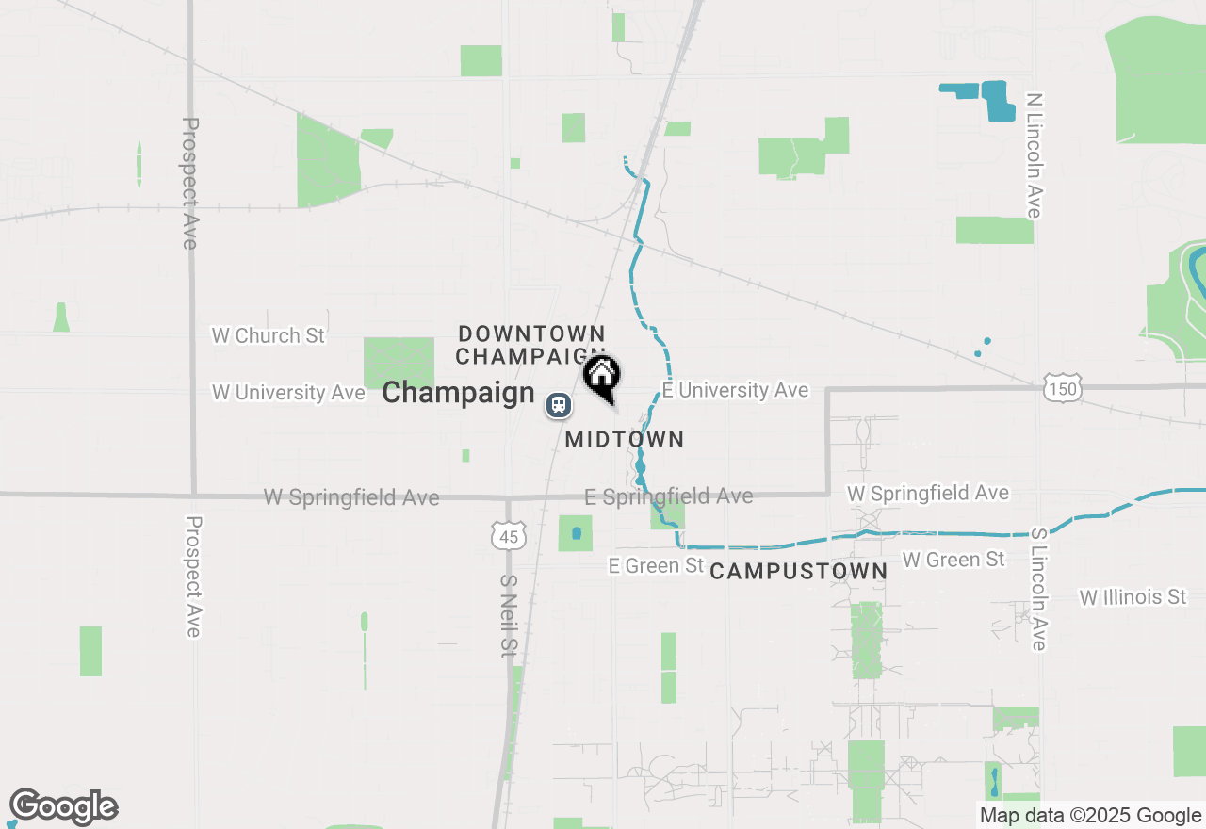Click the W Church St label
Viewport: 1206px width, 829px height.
point(269,335)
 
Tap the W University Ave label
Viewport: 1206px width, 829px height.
point(288,392)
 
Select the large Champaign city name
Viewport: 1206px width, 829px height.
point(458,392)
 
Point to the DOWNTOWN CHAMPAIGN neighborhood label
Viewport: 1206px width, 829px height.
point(530,345)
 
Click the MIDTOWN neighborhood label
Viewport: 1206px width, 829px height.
point(624,439)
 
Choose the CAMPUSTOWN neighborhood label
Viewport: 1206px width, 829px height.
point(798,571)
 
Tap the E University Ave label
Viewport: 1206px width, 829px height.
point(735,390)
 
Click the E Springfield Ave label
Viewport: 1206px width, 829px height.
point(668,496)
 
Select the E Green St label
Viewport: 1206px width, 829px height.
point(656,565)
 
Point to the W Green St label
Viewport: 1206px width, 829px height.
point(953,560)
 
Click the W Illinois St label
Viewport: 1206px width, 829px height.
point(1133,597)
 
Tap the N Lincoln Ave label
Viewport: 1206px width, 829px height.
point(1035,155)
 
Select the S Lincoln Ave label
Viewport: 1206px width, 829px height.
point(1038,589)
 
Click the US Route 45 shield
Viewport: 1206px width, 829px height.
point(509,535)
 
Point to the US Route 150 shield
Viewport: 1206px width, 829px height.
point(1062,387)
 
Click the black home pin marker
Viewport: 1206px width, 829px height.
point(601,376)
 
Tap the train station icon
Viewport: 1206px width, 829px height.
point(559,405)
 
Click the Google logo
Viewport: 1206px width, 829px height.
point(63,807)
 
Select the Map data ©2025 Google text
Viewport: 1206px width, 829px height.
point(1089,816)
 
